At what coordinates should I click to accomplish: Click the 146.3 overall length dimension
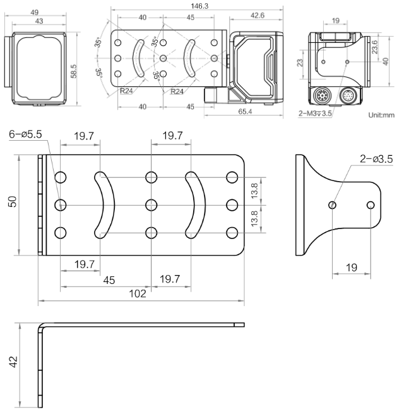click(x=167, y=6)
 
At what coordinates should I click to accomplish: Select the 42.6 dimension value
click(x=257, y=15)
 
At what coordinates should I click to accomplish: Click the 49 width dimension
click(x=35, y=12)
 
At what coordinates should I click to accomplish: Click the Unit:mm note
click(x=381, y=115)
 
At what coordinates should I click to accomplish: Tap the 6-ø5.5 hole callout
click(x=25, y=134)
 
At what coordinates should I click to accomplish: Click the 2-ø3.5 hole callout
click(x=376, y=159)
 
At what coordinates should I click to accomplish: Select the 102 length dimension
click(x=138, y=293)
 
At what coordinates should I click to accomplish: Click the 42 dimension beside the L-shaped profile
click(x=13, y=362)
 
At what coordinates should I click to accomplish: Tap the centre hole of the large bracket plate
click(x=150, y=204)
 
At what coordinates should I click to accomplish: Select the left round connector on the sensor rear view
click(x=323, y=97)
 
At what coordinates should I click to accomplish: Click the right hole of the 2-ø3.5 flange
click(x=370, y=205)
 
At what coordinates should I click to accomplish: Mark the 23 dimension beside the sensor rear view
click(x=301, y=62)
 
